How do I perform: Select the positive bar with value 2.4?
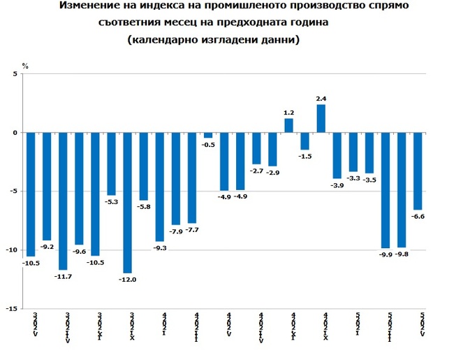coord(321,118)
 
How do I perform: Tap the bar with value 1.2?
coord(288,125)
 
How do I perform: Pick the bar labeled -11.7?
coord(64,201)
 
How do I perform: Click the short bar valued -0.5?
coord(208,135)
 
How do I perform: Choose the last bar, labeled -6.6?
coord(418,171)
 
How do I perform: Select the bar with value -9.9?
coord(385,190)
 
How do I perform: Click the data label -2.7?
coord(257,171)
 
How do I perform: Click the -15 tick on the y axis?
coord(13,308)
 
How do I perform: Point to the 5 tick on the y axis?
coord(15,73)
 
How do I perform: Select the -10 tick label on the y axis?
coord(13,250)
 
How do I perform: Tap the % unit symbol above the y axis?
coord(25,65)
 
